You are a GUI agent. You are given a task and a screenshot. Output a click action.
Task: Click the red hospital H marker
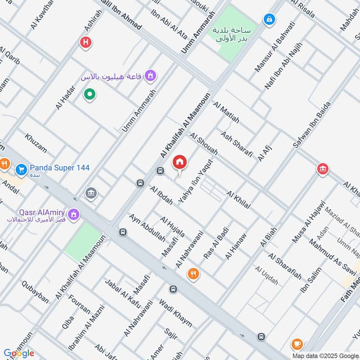point(85,43)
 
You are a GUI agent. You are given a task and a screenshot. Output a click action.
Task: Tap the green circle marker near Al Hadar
point(90,94)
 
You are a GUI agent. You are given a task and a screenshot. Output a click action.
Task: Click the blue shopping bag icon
point(269,20)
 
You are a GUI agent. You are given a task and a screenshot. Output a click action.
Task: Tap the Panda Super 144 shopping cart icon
point(21,170)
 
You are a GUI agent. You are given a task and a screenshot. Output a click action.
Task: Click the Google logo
point(18,353)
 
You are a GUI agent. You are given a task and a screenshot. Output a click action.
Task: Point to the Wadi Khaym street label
point(175,312)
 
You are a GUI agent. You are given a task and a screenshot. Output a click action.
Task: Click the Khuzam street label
point(36,143)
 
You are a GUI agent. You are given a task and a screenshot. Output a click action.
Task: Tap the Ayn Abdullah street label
point(141,227)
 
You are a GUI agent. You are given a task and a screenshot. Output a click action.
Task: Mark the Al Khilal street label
point(238,200)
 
